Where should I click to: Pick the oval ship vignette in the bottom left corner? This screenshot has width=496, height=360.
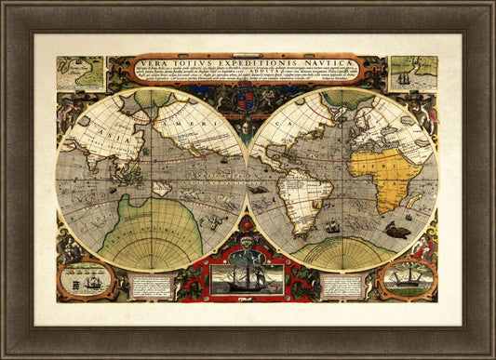point(86,278)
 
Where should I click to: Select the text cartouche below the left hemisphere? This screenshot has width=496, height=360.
point(155,283)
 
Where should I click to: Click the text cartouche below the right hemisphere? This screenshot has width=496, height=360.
point(339,283)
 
